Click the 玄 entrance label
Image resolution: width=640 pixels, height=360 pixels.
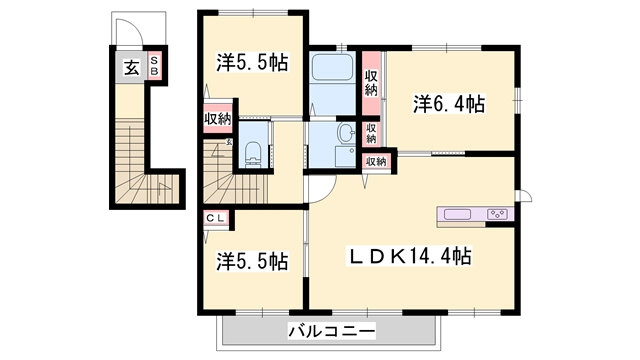131,68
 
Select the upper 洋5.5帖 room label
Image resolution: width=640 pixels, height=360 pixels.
253,63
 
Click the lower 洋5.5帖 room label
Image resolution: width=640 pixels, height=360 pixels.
253,261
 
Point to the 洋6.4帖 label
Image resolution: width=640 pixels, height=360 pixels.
449,103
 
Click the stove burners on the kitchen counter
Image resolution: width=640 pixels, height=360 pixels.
497,214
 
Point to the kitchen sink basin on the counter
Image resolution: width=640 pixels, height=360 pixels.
455,214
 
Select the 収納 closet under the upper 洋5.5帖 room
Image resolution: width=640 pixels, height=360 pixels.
217,120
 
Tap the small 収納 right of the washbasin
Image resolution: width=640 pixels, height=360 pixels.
370,132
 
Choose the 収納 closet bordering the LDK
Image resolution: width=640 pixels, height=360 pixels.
376,161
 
